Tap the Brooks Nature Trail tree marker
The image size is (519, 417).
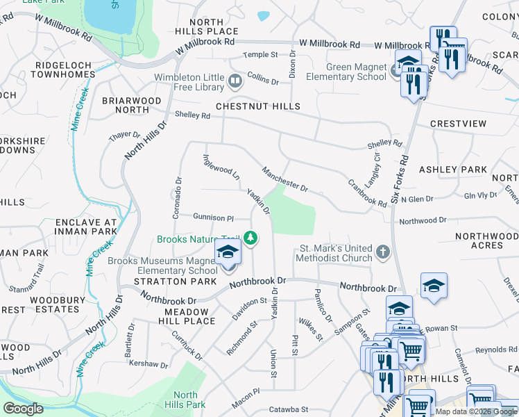[x=250, y=239]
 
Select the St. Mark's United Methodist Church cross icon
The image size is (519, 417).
[x=382, y=250]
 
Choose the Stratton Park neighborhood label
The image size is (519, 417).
[x=170, y=281]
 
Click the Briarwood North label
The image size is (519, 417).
[x=132, y=106]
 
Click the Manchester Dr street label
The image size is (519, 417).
[x=284, y=179]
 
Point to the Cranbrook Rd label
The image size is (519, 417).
[x=367, y=194]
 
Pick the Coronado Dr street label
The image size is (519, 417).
[x=178, y=195]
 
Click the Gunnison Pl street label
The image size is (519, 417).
[x=214, y=218]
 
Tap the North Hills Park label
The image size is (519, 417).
[x=186, y=400]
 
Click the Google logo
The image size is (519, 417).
[x=23, y=409]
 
